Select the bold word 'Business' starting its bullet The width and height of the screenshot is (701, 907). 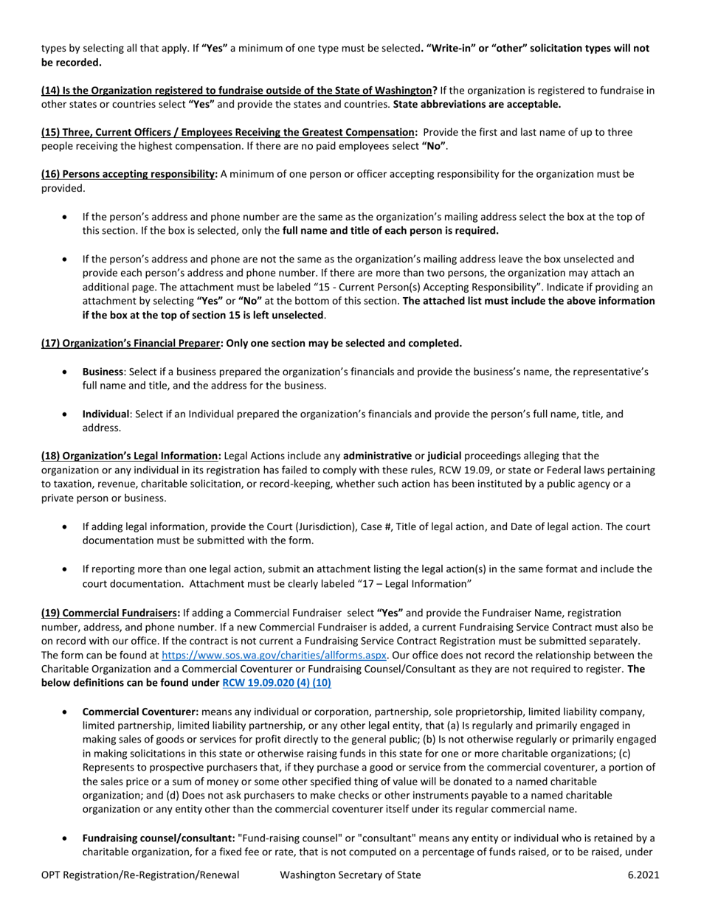(103, 372)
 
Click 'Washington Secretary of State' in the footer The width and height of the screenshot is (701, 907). (350, 875)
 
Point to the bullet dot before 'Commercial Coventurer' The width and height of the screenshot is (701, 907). (66, 712)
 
